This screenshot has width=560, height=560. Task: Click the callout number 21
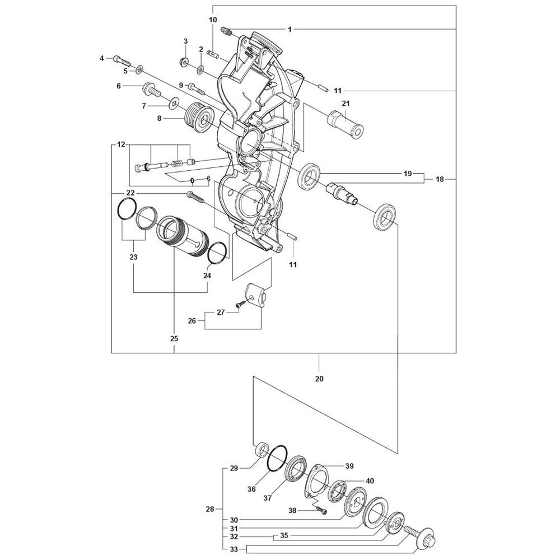tap(346, 104)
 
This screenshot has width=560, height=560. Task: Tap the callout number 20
tap(319, 379)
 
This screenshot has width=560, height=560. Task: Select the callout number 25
tap(174, 339)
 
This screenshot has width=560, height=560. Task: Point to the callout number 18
tap(440, 179)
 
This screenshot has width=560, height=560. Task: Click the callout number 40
tap(370, 481)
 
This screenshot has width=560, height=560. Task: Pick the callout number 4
tap(102, 58)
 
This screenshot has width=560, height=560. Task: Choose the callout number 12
tap(121, 144)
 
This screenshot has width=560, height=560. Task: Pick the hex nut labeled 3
tap(184, 62)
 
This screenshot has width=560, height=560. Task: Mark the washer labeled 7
tap(174, 104)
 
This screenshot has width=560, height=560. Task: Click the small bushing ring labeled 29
tap(263, 449)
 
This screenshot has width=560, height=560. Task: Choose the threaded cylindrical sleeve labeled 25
tap(181, 236)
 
